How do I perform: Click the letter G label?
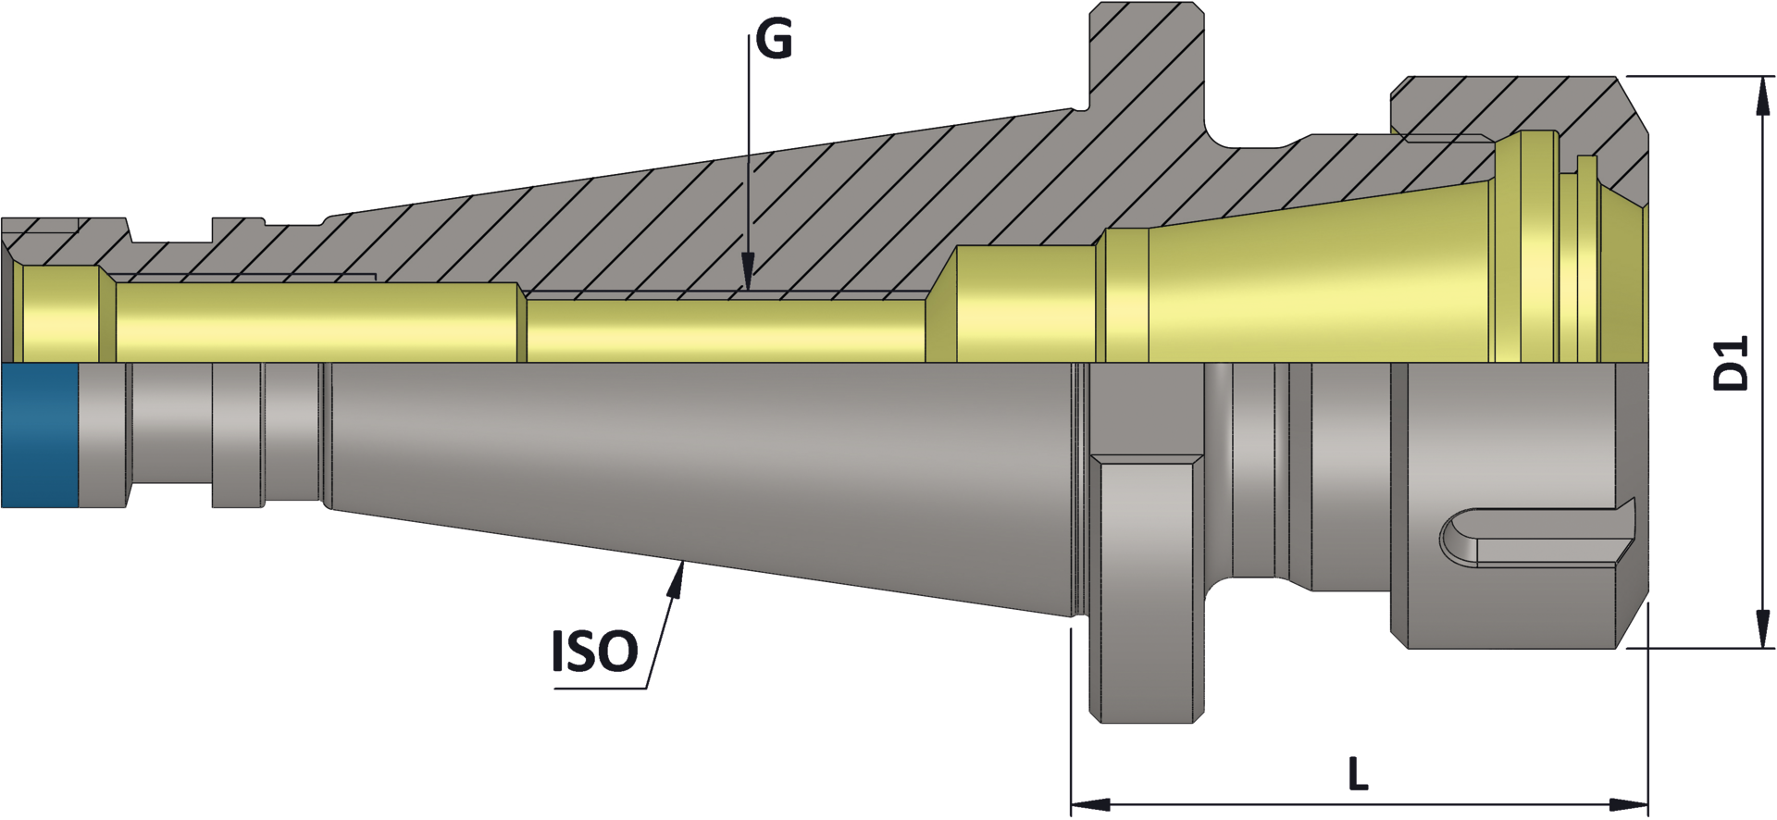(x=774, y=40)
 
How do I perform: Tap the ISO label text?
(x=594, y=652)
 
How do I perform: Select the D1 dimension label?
(x=1730, y=363)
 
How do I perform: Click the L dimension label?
(x=1357, y=774)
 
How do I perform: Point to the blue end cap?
(x=40, y=435)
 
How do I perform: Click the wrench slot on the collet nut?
(x=1536, y=537)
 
